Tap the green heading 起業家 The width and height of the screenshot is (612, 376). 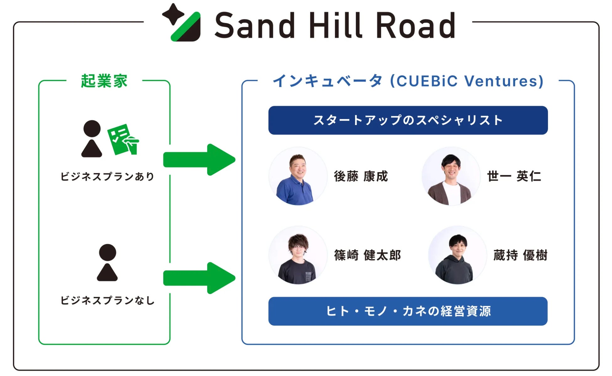tap(104, 81)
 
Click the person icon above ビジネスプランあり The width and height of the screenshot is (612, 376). tap(92, 139)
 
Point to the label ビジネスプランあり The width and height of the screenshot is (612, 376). tap(107, 177)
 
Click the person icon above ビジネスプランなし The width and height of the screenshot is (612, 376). tap(107, 263)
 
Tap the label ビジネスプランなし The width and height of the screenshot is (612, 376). tap(107, 301)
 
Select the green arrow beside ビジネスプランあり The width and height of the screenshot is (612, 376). tap(199, 160)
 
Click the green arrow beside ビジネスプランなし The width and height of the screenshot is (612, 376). tap(199, 278)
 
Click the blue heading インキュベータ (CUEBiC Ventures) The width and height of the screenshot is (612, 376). tap(408, 81)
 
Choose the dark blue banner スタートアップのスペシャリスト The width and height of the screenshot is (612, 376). tap(408, 120)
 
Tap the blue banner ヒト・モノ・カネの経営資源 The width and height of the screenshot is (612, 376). tap(408, 311)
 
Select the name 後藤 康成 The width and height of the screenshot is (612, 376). tap(361, 177)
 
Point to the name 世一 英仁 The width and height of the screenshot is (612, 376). tap(514, 177)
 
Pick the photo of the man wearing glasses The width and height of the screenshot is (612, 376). tap(298, 255)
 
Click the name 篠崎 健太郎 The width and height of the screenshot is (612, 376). tap(368, 255)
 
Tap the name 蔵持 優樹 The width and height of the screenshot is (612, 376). tap(520, 255)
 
